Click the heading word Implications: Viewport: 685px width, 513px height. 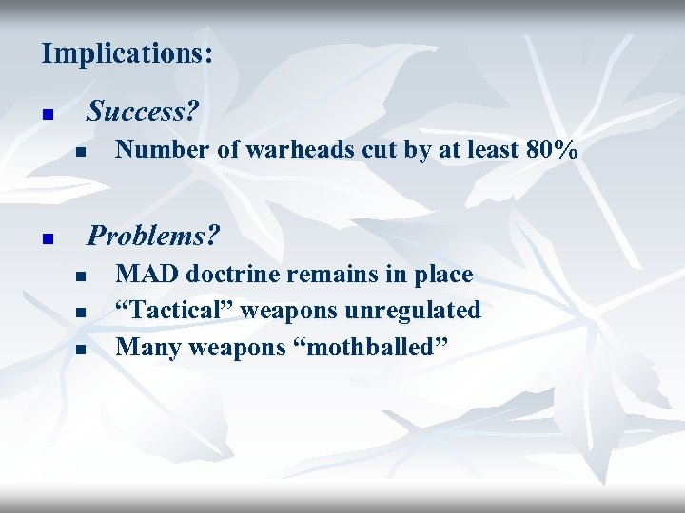click(x=127, y=53)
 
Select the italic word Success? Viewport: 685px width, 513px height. click(x=143, y=112)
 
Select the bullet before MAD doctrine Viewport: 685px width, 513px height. click(x=82, y=277)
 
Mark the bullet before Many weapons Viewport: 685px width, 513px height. click(x=82, y=351)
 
